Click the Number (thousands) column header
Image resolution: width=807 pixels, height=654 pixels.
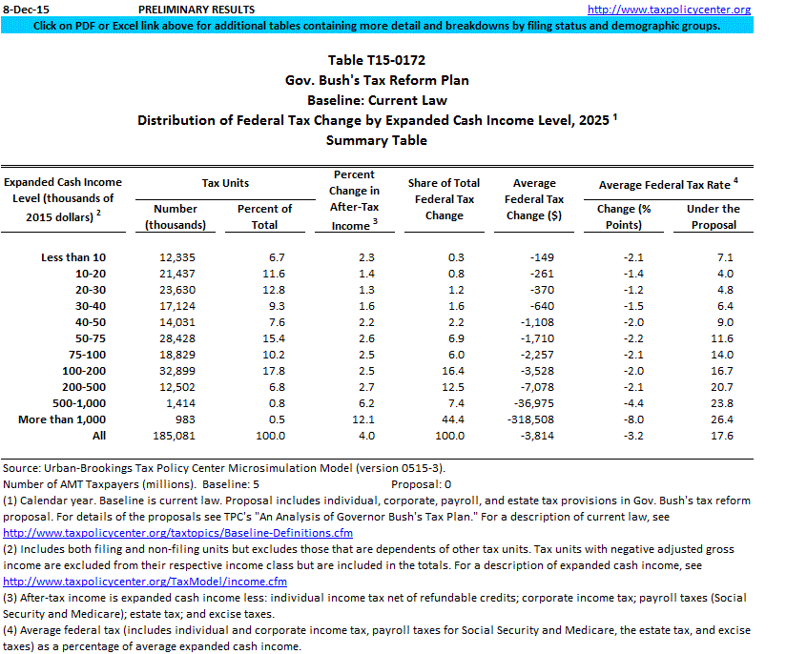[176, 216]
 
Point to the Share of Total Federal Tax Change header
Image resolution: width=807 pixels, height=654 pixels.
[444, 199]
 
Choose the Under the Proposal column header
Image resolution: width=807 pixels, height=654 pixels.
[713, 216]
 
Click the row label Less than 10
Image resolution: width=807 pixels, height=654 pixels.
[73, 257]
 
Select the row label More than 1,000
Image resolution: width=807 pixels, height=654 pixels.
[62, 419]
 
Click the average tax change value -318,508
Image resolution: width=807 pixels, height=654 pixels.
[540, 419]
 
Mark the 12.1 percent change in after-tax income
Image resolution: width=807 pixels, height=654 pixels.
[364, 419]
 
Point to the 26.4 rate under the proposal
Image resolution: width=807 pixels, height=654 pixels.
[722, 419]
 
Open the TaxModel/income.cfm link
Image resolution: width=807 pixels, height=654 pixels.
[145, 581]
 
